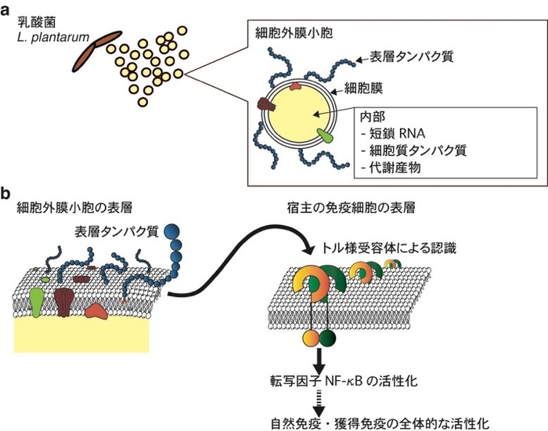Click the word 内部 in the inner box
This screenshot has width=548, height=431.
click(371, 115)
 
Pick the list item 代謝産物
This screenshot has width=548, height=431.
click(390, 165)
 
